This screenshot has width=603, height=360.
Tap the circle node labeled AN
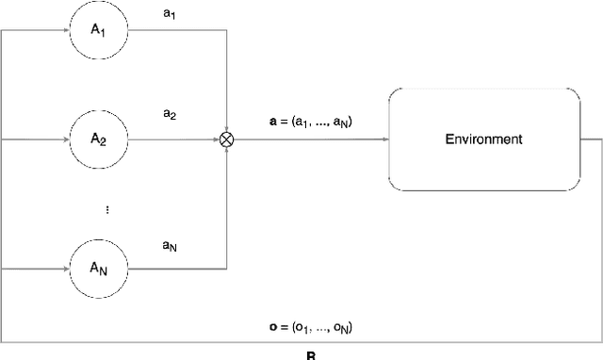(99, 268)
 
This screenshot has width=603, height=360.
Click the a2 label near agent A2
(170, 114)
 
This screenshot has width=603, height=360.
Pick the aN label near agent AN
(170, 245)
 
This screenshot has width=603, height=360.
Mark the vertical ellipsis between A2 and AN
(106, 210)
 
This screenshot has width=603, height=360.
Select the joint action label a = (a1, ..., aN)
(310, 122)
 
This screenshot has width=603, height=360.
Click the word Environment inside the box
(484, 139)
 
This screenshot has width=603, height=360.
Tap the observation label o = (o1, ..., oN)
(311, 328)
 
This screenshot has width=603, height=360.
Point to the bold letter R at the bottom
(312, 356)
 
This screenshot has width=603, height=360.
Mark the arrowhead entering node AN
(66, 268)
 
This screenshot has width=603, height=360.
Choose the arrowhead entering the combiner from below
(226, 151)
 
